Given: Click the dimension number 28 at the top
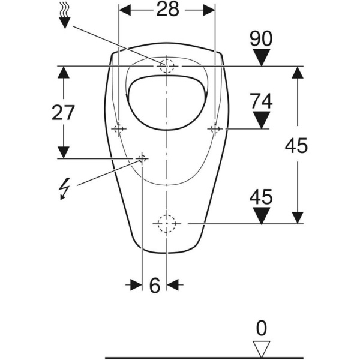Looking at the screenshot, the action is pyautogui.click(x=167, y=10).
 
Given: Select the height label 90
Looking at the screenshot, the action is pyautogui.click(x=261, y=39).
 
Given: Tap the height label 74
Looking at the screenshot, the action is pyautogui.click(x=261, y=101).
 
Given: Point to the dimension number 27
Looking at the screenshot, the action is pyautogui.click(x=63, y=113).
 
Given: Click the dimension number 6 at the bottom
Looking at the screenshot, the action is pyautogui.click(x=155, y=286).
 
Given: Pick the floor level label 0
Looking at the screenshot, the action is pyautogui.click(x=262, y=328).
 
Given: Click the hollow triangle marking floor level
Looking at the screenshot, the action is pyautogui.click(x=262, y=349).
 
